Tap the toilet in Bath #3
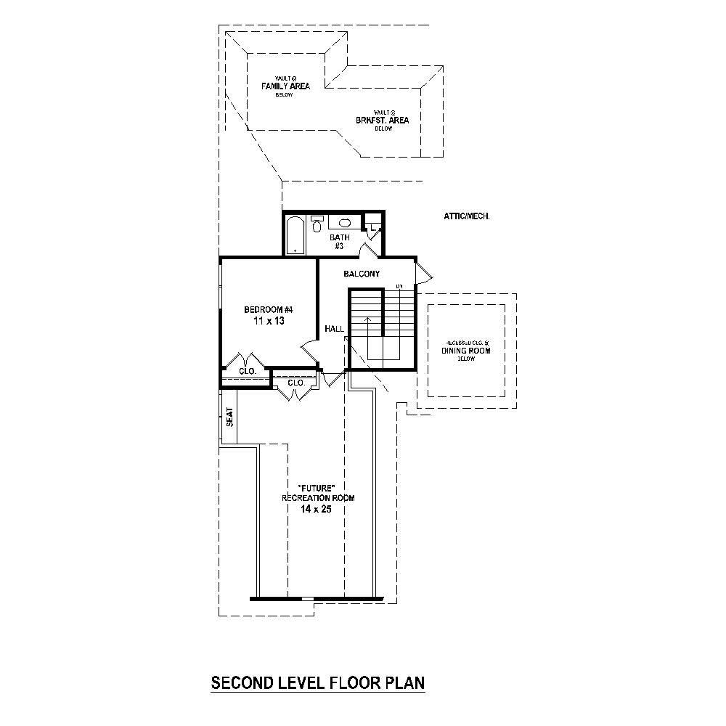pos(317,224)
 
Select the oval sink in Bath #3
pos(344,223)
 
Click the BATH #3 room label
pos(339,242)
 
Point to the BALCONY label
pos(362,274)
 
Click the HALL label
pos(334,329)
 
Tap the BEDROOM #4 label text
pos(268,310)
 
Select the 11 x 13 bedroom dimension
pos(268,321)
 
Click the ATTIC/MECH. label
pos(466,216)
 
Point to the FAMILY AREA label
pos(285,86)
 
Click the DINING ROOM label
pos(466,351)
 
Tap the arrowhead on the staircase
pos(368,319)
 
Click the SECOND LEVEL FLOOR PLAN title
pos(317,682)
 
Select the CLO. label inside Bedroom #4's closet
pos(248,372)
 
